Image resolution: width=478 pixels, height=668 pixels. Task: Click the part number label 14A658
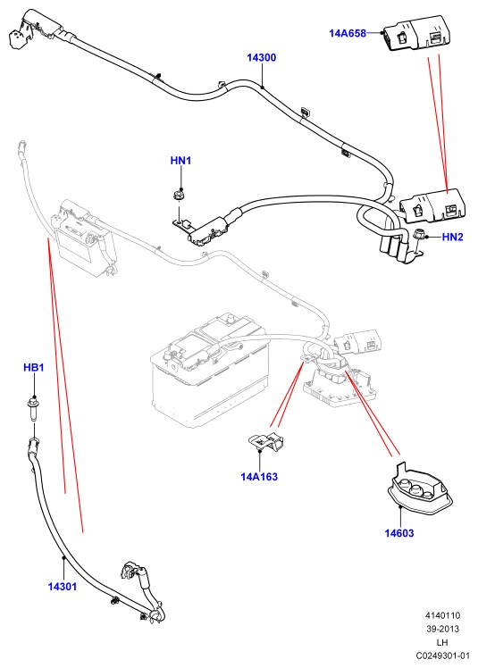[x=348, y=33]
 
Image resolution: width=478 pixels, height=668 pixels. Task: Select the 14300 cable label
[x=262, y=57]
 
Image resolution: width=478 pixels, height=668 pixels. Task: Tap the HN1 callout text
[x=180, y=161]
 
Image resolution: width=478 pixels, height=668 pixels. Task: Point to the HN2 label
[x=452, y=237]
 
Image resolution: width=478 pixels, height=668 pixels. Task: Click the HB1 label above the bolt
[x=34, y=367]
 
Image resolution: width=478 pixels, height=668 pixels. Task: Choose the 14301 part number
[x=63, y=587]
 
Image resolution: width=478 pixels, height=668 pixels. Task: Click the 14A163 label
[x=259, y=477]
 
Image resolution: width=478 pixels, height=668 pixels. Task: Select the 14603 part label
[x=399, y=533]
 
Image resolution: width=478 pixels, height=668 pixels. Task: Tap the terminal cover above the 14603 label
[x=420, y=488]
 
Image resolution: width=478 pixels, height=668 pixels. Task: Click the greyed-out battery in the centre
[x=210, y=371]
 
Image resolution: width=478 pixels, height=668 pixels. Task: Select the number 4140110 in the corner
[x=442, y=615]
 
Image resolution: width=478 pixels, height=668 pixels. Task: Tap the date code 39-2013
[x=442, y=629]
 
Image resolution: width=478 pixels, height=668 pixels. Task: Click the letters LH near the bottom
[x=442, y=642]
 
